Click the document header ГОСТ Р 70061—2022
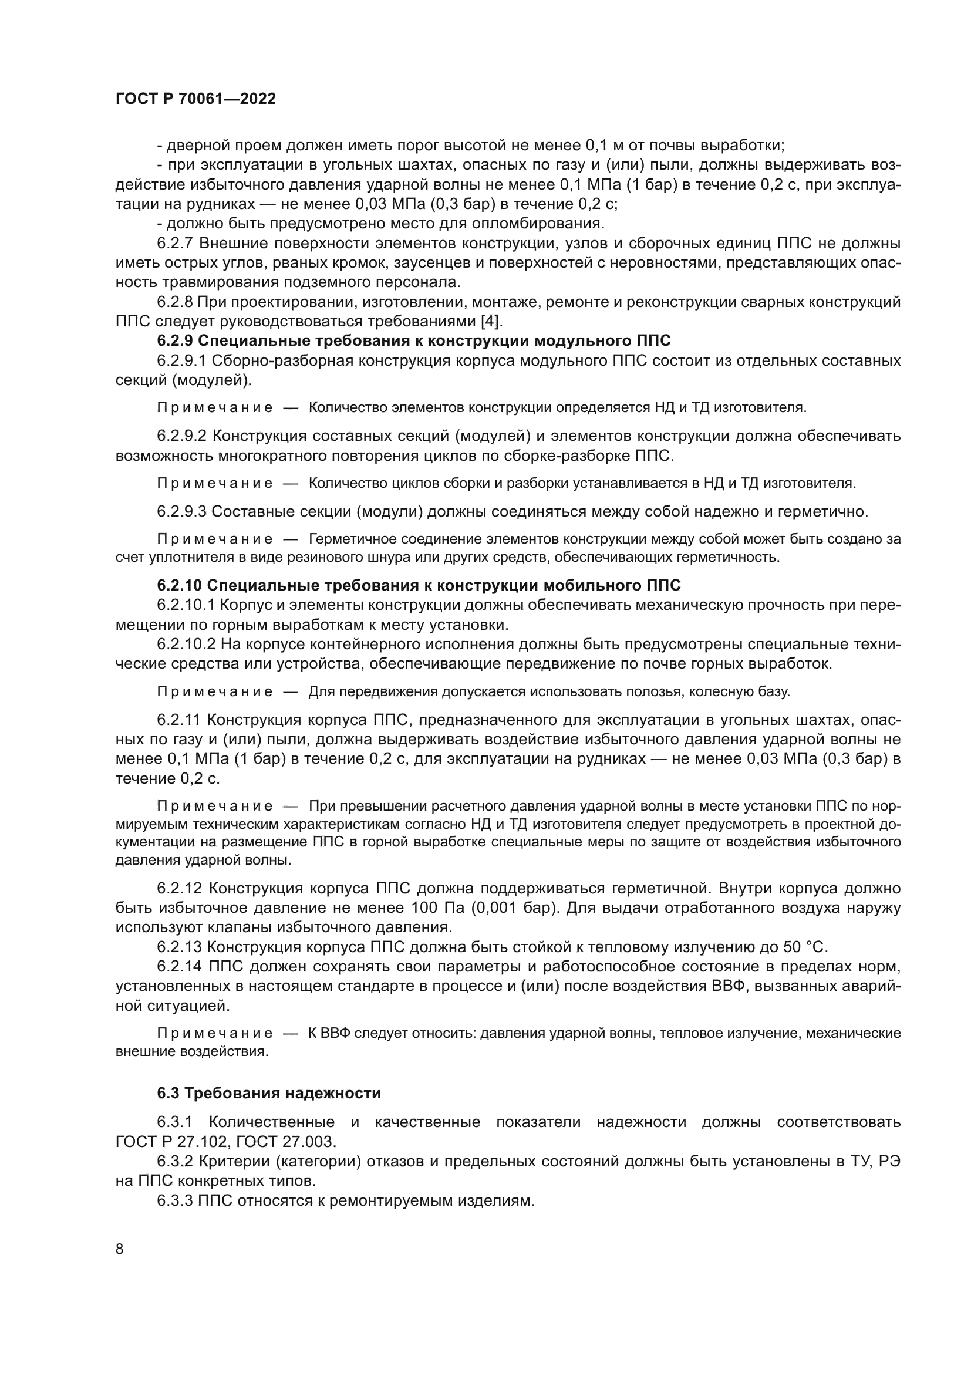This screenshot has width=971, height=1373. click(195, 99)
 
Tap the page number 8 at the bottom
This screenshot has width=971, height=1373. click(120, 1249)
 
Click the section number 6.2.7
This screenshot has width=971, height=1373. click(175, 244)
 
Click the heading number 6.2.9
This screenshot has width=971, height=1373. click(175, 341)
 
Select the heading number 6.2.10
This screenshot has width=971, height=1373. click(180, 585)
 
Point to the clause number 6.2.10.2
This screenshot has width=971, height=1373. click(186, 644)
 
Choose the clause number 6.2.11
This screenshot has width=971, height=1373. click(180, 720)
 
